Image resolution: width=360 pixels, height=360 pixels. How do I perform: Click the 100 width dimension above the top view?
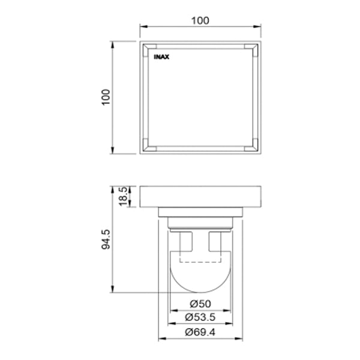[200, 20]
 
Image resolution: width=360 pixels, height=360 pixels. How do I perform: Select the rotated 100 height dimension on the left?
[106, 97]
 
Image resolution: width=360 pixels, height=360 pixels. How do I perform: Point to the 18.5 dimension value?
[122, 196]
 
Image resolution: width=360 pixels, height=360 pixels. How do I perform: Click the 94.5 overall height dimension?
[106, 239]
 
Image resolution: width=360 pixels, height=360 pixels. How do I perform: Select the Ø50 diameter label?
[200, 304]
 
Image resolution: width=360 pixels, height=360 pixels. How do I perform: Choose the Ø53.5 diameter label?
[200, 317]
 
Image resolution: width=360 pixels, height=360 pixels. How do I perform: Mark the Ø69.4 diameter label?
[200, 332]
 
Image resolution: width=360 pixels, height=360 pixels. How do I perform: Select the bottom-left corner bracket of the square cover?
[149, 144]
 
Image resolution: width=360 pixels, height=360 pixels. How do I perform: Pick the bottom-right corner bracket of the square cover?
[252, 144]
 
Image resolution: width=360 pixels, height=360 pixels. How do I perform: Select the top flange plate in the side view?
[200, 196]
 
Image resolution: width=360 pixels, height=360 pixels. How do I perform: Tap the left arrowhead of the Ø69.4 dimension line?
[161, 339]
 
